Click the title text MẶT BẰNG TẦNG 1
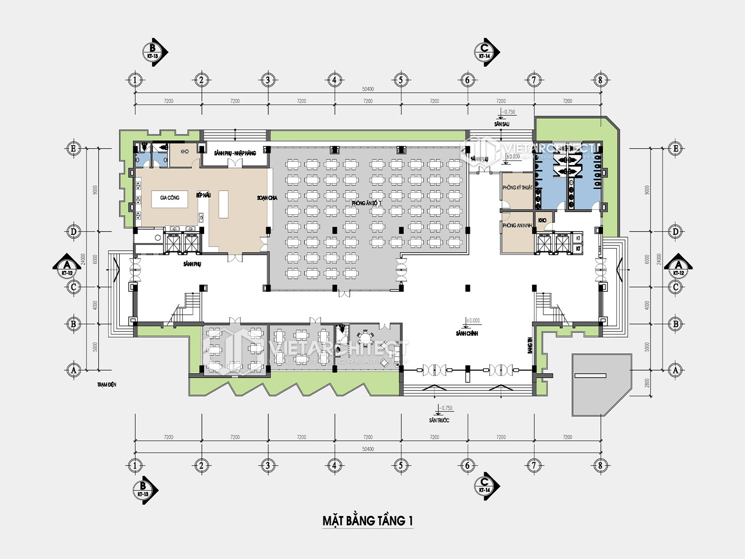[x=368, y=521]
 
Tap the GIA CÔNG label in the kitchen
[x=170, y=198]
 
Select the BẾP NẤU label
[x=203, y=195]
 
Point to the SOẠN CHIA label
[x=267, y=198]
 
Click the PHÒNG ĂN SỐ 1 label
[x=367, y=203]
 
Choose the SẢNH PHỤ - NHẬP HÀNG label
[x=235, y=153]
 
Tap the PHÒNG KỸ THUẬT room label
[x=517, y=187]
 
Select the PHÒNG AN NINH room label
[x=517, y=225]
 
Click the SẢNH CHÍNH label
[x=467, y=333]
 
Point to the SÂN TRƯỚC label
[x=439, y=420]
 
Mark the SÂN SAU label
[x=502, y=124]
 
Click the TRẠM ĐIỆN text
[x=107, y=385]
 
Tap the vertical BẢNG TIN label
[x=530, y=346]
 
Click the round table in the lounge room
[x=366, y=339]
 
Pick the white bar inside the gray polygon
[x=590, y=376]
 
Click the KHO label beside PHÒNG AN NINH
[x=542, y=220]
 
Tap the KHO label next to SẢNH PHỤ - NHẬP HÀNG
[x=185, y=152]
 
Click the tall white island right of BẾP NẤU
[x=223, y=204]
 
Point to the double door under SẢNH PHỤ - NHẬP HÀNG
[x=235, y=162]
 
